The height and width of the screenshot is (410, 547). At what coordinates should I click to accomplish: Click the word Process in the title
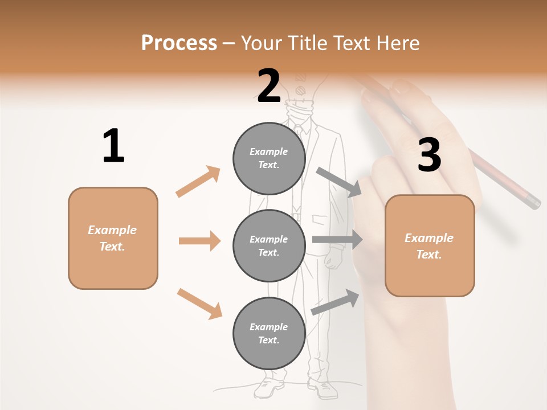(x=179, y=43)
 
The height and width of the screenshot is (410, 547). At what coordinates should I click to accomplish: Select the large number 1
(x=113, y=146)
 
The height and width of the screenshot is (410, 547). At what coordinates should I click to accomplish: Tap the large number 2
(x=269, y=86)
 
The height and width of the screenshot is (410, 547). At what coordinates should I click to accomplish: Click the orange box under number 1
(x=113, y=238)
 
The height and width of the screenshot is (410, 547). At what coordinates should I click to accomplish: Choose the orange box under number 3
(x=430, y=245)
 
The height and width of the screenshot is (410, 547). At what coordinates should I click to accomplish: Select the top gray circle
(x=269, y=158)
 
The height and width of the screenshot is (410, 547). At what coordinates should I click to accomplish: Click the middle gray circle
(x=269, y=245)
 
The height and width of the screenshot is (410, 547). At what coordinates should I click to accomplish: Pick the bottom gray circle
(x=269, y=333)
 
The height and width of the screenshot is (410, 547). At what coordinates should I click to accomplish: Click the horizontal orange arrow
(x=199, y=241)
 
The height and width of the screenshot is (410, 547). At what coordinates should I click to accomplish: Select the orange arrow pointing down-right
(x=199, y=304)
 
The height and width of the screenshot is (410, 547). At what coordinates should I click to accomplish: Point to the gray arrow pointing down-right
(x=339, y=182)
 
